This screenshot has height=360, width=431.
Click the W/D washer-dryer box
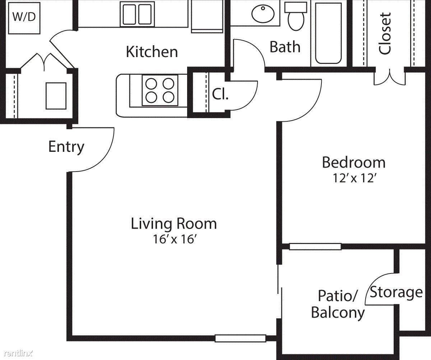[24, 18]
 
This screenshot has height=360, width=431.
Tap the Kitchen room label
[152, 52]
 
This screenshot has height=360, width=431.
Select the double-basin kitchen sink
[137, 14]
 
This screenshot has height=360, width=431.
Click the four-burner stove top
[160, 90]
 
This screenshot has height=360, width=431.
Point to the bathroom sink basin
[263, 14]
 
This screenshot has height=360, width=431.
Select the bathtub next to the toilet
[328, 33]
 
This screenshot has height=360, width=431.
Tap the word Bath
[285, 47]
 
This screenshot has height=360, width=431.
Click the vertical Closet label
[385, 34]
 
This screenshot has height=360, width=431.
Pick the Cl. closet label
[220, 94]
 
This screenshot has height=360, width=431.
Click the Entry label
[66, 147]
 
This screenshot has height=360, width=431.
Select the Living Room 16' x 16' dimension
[174, 239]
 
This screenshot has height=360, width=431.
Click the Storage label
[396, 292]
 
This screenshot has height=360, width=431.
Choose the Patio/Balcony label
[338, 304]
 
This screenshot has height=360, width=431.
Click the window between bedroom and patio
[315, 247]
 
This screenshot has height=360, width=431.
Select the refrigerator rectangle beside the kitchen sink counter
[207, 16]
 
